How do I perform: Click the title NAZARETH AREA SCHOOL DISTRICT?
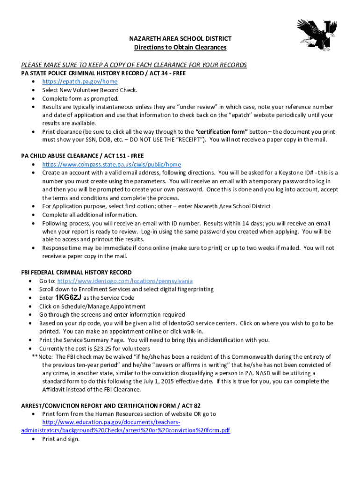tap(180, 39)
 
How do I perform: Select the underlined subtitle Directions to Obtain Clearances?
tap(180, 47)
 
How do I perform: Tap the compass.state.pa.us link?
tap(111, 164)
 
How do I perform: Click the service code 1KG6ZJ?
tap(68, 298)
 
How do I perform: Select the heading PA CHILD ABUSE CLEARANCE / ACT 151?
tap(82, 156)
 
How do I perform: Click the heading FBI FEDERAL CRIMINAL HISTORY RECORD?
tap(76, 272)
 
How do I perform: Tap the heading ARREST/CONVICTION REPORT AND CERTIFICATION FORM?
tap(111, 406)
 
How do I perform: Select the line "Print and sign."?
tap(61, 439)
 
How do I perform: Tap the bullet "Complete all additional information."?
tap(90, 214)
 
